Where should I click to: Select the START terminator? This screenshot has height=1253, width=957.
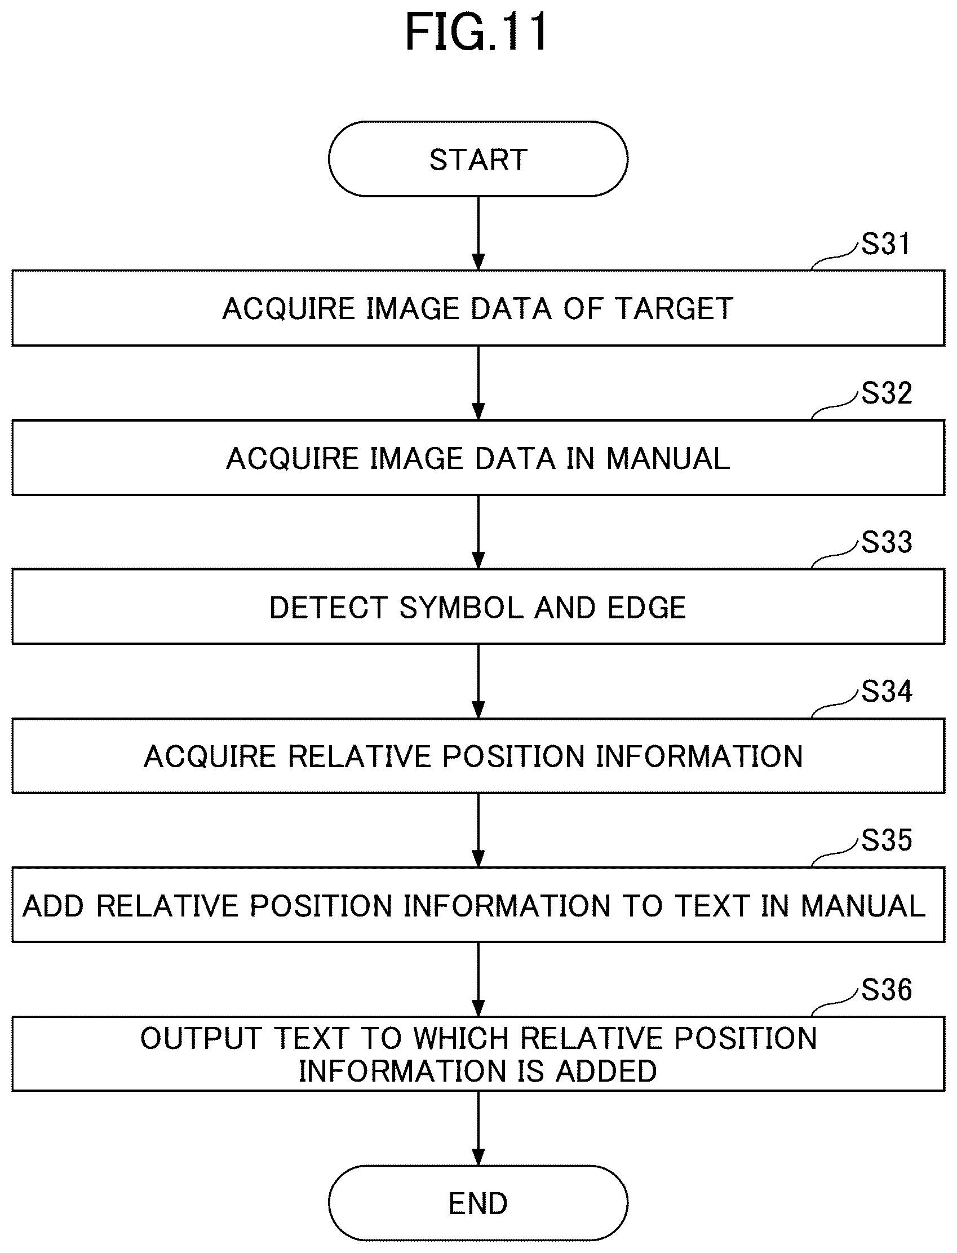tap(478, 159)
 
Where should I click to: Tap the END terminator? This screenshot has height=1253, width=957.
tap(478, 1203)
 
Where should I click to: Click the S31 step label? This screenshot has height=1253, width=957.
tap(886, 243)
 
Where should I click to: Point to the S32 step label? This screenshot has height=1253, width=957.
tap(886, 393)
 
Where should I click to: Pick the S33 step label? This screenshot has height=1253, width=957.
tap(886, 542)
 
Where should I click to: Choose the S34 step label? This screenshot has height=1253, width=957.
tap(886, 692)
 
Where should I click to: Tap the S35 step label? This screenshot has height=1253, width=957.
tap(886, 840)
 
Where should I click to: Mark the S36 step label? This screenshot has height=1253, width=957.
tap(886, 990)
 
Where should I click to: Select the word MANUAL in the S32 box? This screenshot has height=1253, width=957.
tap(668, 458)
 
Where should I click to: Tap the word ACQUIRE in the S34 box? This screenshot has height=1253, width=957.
tap(210, 757)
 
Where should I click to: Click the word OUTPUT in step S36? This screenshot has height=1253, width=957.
tap(201, 1038)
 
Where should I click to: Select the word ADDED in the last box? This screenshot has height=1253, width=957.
tap(606, 1072)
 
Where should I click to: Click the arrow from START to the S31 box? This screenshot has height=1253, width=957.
tap(478, 233)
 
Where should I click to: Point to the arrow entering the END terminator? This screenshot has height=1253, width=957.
tap(478, 1128)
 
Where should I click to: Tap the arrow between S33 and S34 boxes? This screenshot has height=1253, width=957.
tap(478, 681)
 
